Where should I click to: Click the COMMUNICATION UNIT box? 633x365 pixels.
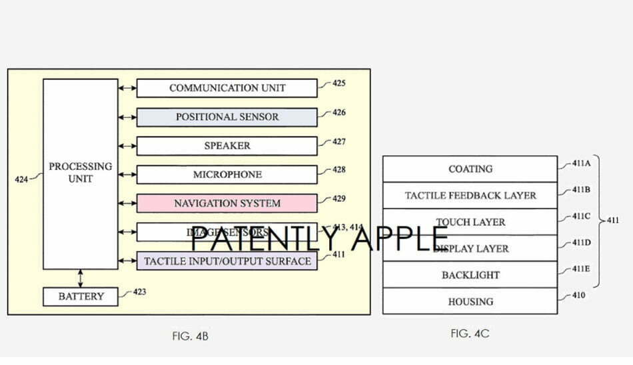(x=227, y=88)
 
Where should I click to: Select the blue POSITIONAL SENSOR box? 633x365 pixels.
(x=227, y=117)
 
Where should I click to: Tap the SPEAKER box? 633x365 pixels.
(x=227, y=146)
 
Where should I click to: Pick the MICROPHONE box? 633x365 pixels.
(x=227, y=175)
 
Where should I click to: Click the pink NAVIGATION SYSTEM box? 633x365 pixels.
(x=227, y=203)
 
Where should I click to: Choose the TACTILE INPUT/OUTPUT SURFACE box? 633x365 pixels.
(x=227, y=260)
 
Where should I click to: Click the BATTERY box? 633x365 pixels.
(x=80, y=296)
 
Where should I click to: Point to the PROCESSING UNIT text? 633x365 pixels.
(x=80, y=173)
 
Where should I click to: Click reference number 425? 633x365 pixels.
(x=338, y=84)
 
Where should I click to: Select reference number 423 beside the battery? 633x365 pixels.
(x=139, y=292)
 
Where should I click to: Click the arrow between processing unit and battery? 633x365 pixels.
(x=81, y=278)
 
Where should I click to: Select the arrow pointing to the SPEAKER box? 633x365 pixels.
(x=127, y=146)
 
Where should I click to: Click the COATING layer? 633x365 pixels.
(x=470, y=169)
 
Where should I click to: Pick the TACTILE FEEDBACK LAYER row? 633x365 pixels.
(x=470, y=196)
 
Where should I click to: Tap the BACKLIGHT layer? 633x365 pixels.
(x=470, y=275)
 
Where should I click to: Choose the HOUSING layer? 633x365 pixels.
(x=470, y=302)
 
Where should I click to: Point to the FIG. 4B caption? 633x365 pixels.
(x=190, y=336)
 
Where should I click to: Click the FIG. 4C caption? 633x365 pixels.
(x=470, y=333)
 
